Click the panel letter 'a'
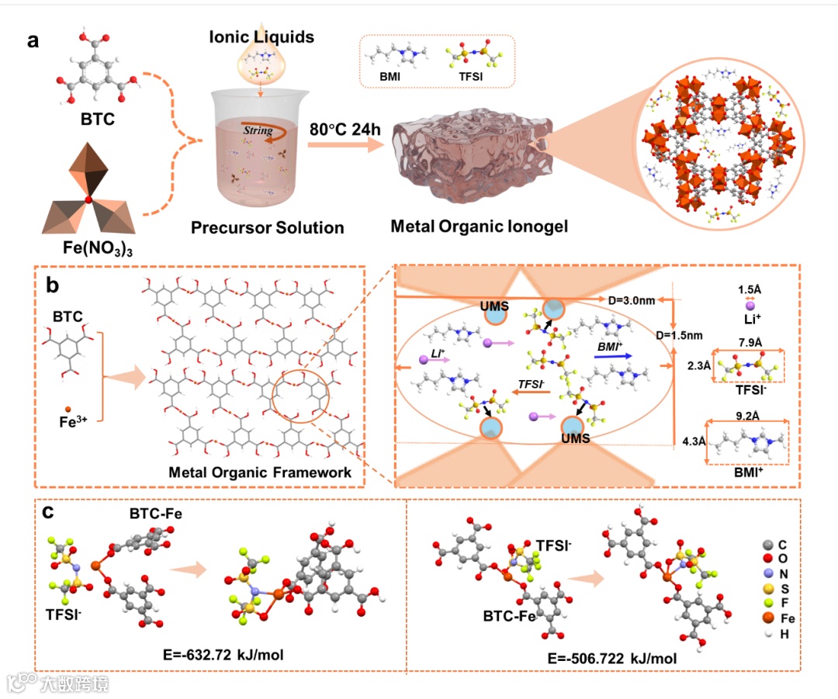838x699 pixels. [33, 41]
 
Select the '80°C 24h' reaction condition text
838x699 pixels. [345, 128]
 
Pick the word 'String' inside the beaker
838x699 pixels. [258, 131]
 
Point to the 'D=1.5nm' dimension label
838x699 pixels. [680, 335]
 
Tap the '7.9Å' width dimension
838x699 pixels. [748, 341]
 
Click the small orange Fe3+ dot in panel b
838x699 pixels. [68, 408]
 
